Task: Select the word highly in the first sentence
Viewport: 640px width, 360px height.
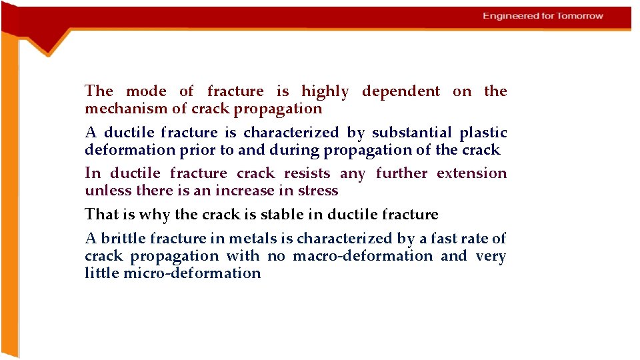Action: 325,92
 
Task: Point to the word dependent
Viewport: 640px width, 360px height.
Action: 401,92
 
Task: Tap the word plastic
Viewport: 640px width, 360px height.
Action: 483,133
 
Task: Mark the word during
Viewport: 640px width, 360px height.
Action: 294,151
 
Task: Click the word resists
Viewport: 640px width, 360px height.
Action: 307,174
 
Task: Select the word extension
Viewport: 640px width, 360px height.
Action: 472,174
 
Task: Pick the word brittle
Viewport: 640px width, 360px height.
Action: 124,239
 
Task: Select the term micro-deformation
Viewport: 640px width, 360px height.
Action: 192,273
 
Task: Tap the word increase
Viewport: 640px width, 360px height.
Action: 243,191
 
